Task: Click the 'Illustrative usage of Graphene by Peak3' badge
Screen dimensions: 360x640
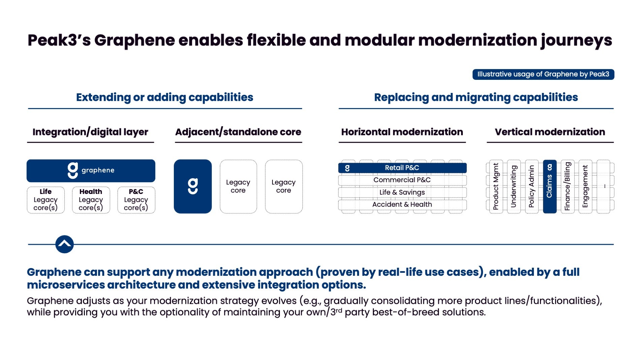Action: [x=543, y=74]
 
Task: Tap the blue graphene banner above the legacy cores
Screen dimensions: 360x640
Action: [x=91, y=171]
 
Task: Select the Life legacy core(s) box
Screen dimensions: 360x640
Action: [x=45, y=200]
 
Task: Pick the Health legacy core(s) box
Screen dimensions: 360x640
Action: [x=91, y=200]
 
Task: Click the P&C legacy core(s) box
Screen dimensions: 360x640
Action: [x=136, y=200]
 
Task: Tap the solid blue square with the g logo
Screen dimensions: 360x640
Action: [x=193, y=186]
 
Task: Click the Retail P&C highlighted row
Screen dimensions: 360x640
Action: [x=402, y=168]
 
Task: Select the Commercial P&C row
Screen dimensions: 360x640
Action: [x=402, y=180]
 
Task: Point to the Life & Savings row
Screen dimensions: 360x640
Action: [x=402, y=192]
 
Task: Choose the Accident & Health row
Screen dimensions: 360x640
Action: [x=402, y=204]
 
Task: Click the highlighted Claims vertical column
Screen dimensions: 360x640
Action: [x=549, y=186]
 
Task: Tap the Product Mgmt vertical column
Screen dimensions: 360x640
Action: [x=496, y=186]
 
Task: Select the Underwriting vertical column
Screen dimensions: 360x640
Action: [x=514, y=186]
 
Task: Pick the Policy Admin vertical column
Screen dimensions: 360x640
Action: [x=532, y=186]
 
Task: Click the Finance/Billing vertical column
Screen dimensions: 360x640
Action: [x=568, y=186]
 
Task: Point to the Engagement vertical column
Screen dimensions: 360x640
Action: [x=585, y=186]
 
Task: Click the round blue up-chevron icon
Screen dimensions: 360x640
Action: [x=64, y=244]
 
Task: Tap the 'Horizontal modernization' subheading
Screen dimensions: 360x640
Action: [x=402, y=132]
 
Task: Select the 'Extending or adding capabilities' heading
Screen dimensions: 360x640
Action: [x=164, y=97]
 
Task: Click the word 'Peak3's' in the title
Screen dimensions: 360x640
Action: [x=59, y=40]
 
